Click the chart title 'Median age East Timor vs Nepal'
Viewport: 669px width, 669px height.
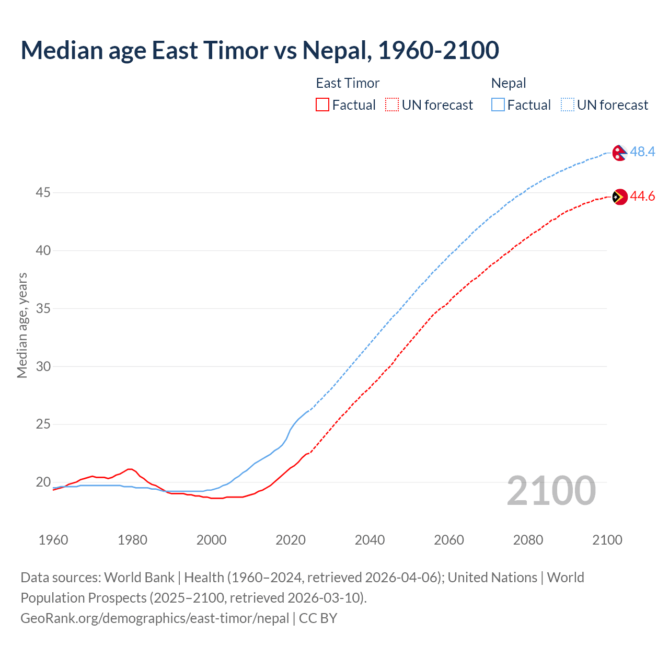click(x=260, y=50)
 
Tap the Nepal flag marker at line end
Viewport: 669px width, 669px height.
click(x=619, y=153)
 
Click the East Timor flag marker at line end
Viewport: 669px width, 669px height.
click(x=619, y=197)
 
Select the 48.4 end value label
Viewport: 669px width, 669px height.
click(x=642, y=152)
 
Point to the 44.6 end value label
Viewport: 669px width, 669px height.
click(x=642, y=197)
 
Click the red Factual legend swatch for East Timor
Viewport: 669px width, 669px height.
click(x=322, y=105)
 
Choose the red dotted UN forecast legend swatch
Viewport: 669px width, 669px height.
click(x=392, y=105)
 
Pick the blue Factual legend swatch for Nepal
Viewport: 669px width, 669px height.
click(x=498, y=105)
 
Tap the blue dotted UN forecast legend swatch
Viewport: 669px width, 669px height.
click(x=568, y=105)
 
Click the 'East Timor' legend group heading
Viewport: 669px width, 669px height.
click(x=348, y=83)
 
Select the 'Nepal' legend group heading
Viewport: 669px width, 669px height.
click(x=509, y=83)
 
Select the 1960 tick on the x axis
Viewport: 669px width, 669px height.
click(x=53, y=540)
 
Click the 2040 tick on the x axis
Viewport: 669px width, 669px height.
click(x=370, y=540)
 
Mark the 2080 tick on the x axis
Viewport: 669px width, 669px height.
click(x=528, y=540)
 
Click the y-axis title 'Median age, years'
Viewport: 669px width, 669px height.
click(x=22, y=325)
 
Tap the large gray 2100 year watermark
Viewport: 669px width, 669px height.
click(x=551, y=490)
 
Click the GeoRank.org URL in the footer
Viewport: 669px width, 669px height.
click(x=155, y=618)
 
